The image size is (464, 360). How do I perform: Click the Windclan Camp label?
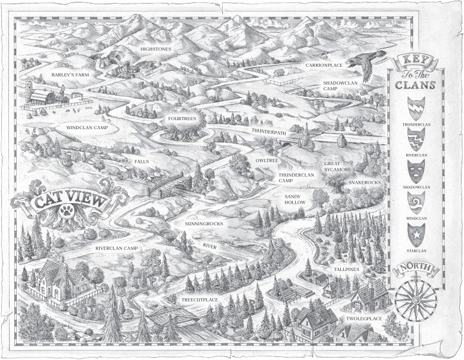91,127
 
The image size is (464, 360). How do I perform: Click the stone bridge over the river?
168,183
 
